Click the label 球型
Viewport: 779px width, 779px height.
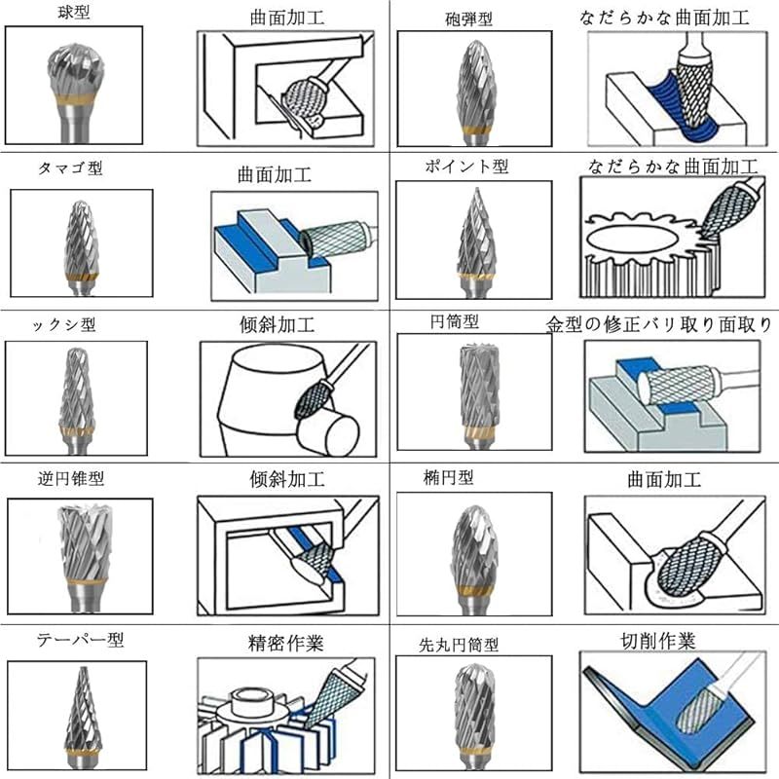click(x=74, y=12)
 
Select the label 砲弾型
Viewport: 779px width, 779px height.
click(x=468, y=19)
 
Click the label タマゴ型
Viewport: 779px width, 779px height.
click(x=70, y=168)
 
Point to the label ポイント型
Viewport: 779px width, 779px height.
click(x=466, y=166)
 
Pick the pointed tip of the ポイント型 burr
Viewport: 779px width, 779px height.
click(x=477, y=188)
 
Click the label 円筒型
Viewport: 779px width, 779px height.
click(x=454, y=321)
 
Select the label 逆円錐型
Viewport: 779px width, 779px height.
click(x=70, y=478)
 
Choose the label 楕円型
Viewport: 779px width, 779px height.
click(x=448, y=477)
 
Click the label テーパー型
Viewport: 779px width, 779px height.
click(x=80, y=640)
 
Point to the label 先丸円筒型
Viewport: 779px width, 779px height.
click(x=459, y=645)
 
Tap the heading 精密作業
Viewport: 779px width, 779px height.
click(x=285, y=644)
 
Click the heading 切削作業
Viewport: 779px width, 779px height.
click(x=658, y=642)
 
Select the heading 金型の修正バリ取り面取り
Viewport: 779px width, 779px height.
click(x=659, y=325)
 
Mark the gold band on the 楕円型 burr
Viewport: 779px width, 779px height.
click(x=475, y=590)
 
